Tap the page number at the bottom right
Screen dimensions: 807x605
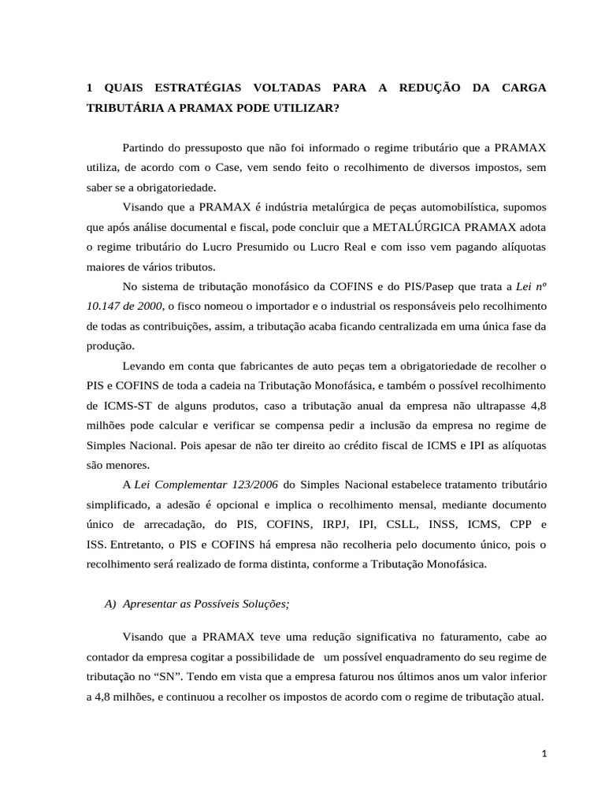coord(544,754)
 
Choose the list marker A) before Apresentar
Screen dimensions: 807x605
coord(110,604)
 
